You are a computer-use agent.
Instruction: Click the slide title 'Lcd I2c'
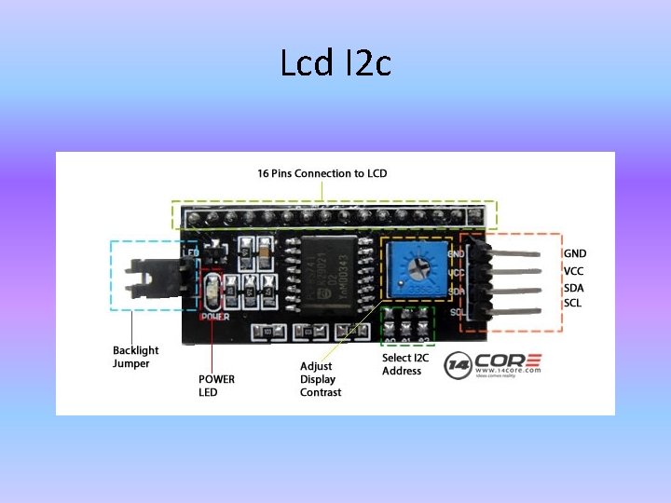(x=335, y=63)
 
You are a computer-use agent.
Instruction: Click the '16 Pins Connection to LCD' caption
(x=322, y=173)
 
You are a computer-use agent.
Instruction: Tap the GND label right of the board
(x=575, y=253)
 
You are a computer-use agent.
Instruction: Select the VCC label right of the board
(x=574, y=271)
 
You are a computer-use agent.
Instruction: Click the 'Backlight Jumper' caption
(x=135, y=357)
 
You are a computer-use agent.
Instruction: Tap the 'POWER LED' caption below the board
(x=216, y=386)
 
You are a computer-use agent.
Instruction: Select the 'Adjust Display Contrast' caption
(x=321, y=379)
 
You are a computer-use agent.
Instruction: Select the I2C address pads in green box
(x=407, y=325)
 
